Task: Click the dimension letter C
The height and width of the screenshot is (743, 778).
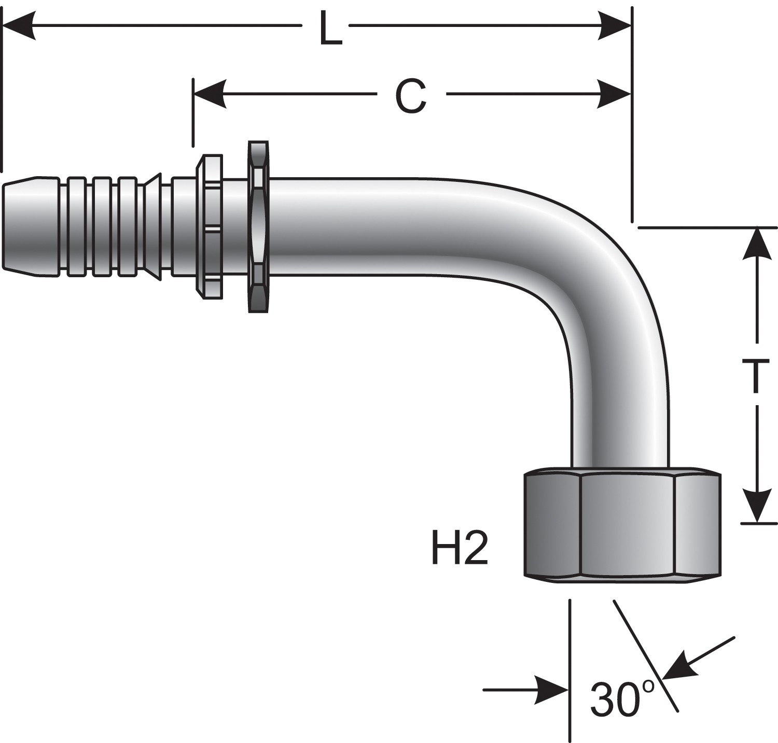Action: tap(411, 97)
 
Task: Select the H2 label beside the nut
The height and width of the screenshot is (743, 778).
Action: tap(460, 550)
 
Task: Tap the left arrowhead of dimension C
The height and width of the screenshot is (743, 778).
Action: tap(210, 94)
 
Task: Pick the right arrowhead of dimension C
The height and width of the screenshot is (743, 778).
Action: tap(615, 94)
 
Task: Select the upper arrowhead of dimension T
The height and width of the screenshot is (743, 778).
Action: tap(758, 244)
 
